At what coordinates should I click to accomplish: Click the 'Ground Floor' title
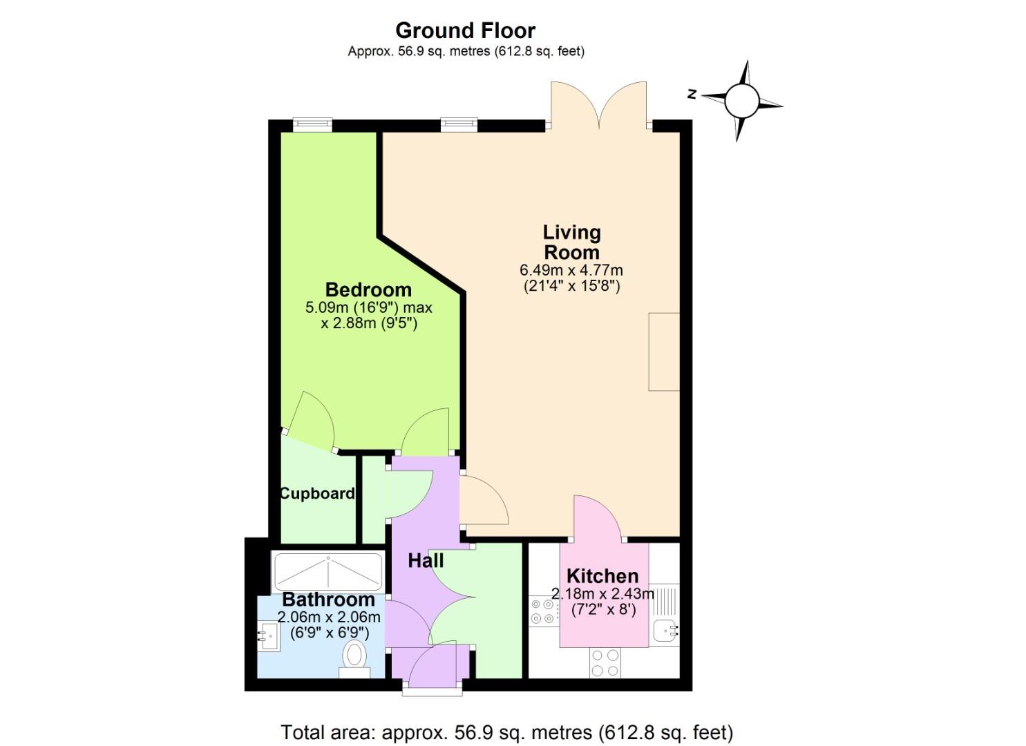[x=465, y=30]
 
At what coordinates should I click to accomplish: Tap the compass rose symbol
[x=742, y=102]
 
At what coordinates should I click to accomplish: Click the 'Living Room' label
[x=571, y=242]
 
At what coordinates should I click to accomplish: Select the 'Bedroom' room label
[x=368, y=289]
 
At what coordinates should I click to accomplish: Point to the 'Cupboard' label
[x=317, y=493]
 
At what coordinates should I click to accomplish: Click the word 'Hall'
[x=426, y=560]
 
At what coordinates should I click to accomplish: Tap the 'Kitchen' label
[x=602, y=575]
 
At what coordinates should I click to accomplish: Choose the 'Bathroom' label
[x=328, y=599]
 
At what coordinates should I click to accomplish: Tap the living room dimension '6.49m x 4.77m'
[x=571, y=270]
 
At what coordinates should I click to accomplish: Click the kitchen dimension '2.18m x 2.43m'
[x=602, y=593]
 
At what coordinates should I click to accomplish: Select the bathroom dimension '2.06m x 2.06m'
[x=329, y=617]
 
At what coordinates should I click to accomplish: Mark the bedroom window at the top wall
[x=312, y=124]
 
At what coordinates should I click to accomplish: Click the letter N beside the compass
[x=692, y=94]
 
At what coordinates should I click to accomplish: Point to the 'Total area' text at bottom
[x=506, y=731]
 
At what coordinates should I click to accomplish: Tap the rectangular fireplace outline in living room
[x=664, y=352]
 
